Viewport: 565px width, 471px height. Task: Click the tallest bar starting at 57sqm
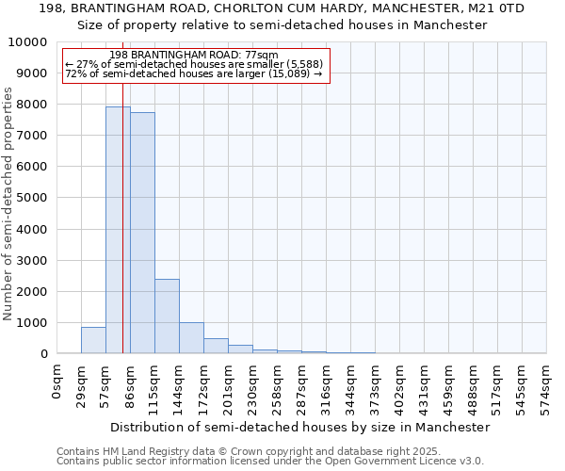118,230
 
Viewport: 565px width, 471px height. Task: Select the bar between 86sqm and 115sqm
142,233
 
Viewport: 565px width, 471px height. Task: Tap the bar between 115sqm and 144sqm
167,316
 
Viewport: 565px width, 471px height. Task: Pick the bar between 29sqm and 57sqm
93,340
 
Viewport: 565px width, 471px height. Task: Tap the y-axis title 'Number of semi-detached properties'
9,203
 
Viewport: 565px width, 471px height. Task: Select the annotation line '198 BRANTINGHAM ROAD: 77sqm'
194,55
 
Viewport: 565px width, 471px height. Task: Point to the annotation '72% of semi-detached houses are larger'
194,73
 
